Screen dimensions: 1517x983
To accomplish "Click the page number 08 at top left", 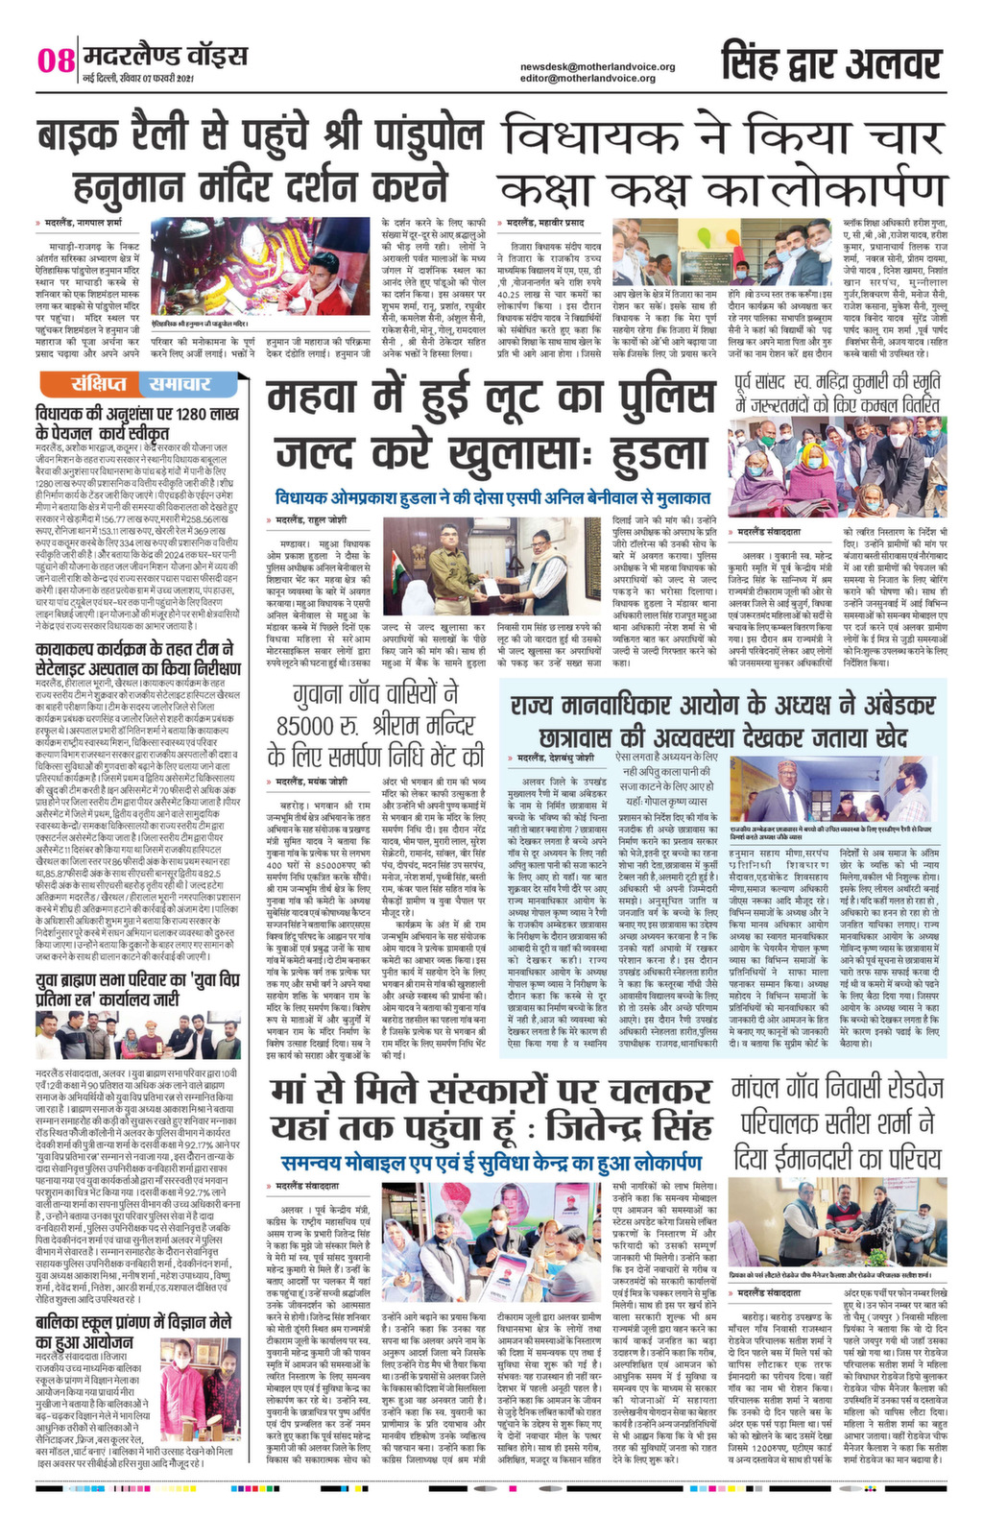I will [55, 60].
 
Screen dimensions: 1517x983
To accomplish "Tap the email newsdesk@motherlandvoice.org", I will [597, 66].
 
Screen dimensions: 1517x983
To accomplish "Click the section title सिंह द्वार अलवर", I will [831, 62].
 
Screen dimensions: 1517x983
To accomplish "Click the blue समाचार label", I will [179, 385].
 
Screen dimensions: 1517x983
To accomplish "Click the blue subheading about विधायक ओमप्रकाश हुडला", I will [491, 498].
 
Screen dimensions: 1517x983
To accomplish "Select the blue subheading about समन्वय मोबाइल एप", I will [491, 1163].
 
